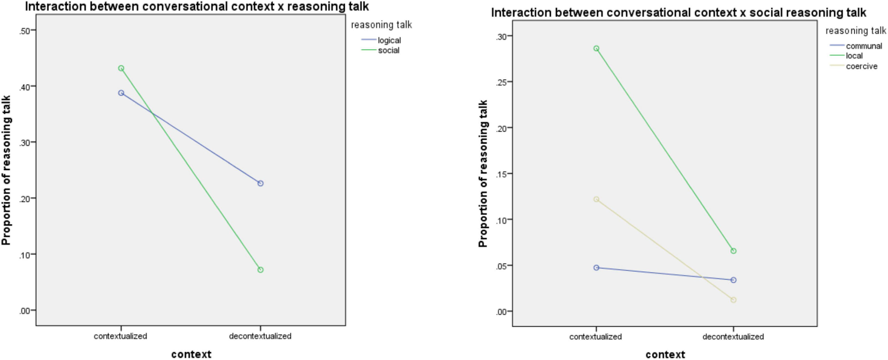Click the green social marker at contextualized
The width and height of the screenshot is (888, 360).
121,68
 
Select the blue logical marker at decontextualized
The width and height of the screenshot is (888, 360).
261,184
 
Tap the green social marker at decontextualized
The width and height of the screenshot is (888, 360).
261,270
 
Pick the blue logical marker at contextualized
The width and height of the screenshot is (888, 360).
121,93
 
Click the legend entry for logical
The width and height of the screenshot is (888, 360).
389,40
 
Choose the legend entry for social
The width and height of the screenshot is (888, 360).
388,50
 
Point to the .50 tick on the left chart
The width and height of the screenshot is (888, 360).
25,31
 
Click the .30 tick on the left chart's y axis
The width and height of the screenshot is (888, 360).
25,143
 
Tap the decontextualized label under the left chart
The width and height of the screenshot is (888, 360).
260,336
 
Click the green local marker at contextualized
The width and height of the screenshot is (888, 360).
596,49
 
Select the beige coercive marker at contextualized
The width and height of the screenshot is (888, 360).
596,199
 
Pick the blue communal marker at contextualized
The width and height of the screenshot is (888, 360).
596,268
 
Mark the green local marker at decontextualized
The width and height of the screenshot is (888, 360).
734,251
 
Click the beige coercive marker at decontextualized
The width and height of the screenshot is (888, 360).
734,300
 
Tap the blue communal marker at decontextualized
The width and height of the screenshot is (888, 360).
734,280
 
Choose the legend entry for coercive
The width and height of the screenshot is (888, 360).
861,66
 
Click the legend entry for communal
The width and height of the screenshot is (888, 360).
864,46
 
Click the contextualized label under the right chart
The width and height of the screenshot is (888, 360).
595,336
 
